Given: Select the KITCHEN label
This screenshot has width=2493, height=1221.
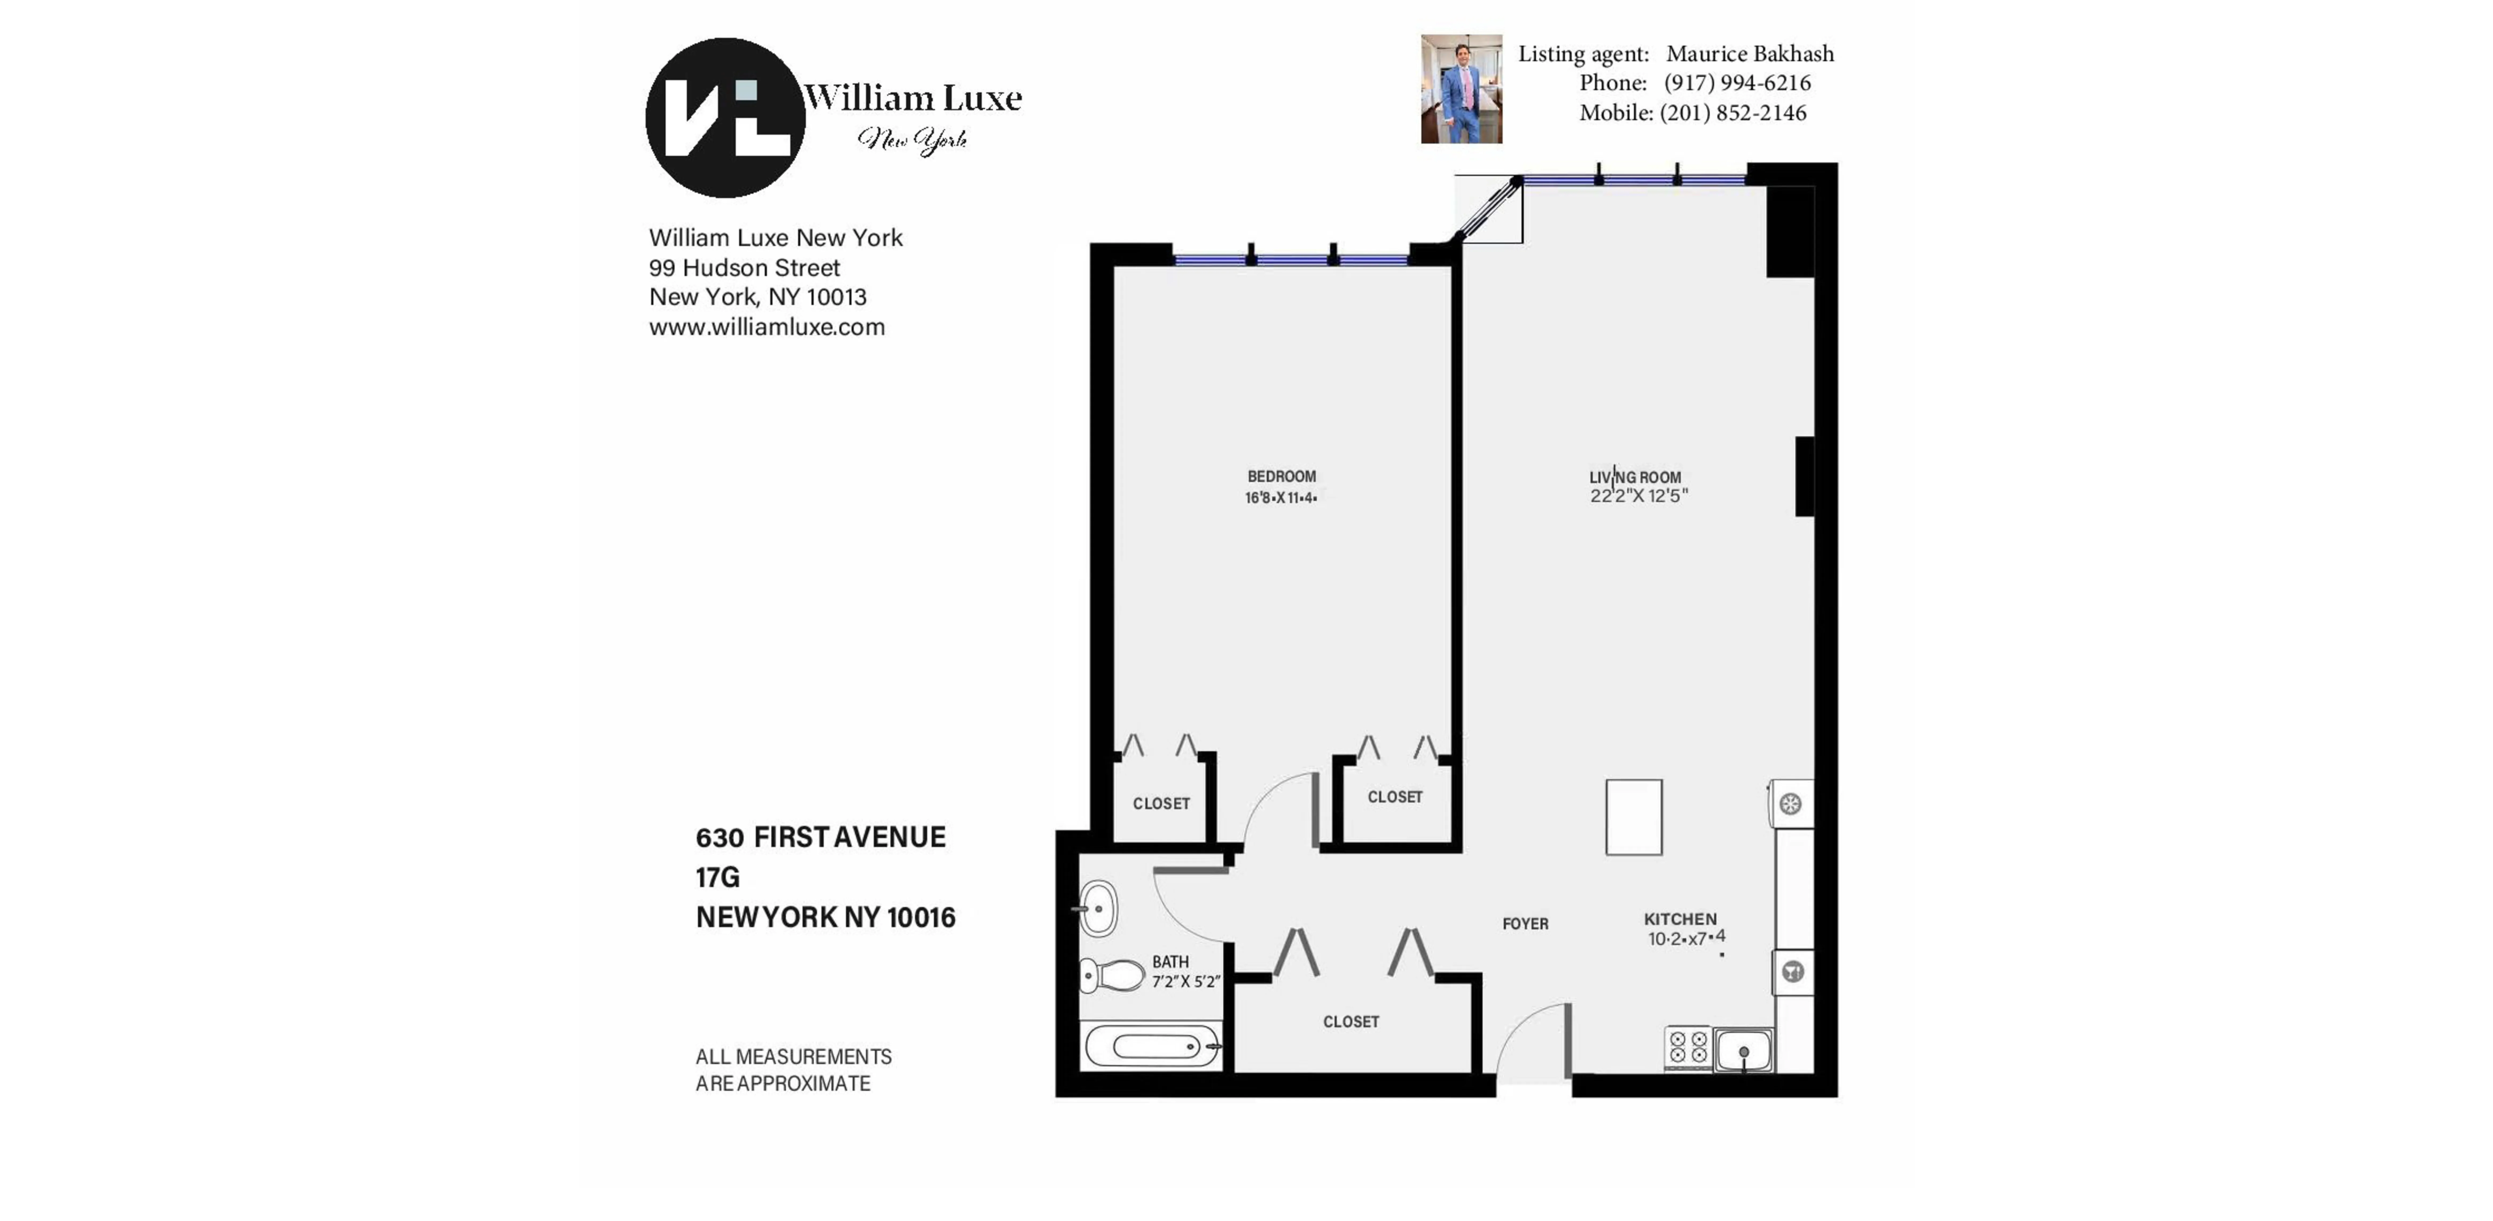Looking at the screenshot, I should tap(1680, 919).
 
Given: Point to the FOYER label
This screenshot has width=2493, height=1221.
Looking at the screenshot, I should tap(1525, 924).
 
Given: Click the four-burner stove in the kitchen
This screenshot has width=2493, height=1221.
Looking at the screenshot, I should tap(1688, 1048).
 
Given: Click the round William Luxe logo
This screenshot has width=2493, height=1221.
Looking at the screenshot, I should tap(725, 118).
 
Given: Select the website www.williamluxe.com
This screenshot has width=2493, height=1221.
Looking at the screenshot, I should tap(766, 327).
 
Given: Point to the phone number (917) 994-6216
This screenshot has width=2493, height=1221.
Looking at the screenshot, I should tap(1737, 83).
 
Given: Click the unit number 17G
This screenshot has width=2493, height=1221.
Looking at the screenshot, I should tap(717, 877).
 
